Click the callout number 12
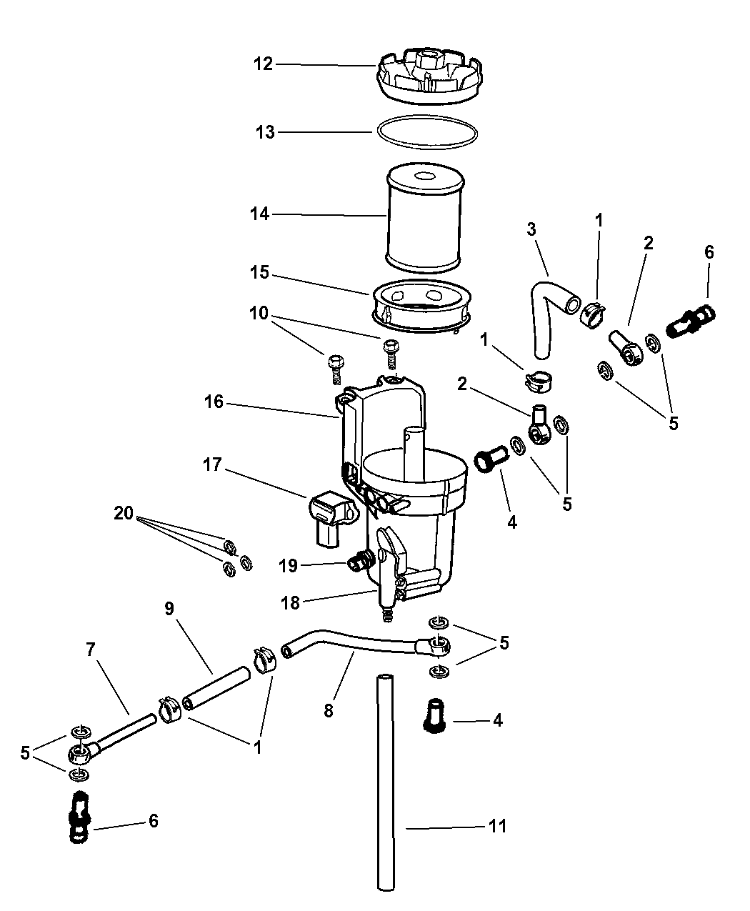point(263,64)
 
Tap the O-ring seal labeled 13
point(427,131)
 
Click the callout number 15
point(259,272)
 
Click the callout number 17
point(212,464)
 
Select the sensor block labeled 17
point(331,518)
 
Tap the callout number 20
point(124,513)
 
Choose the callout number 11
point(497,827)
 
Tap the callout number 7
point(90,649)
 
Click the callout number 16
point(214,402)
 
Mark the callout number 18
point(291,603)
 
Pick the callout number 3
point(531,229)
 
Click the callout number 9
point(170,608)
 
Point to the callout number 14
point(259,214)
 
